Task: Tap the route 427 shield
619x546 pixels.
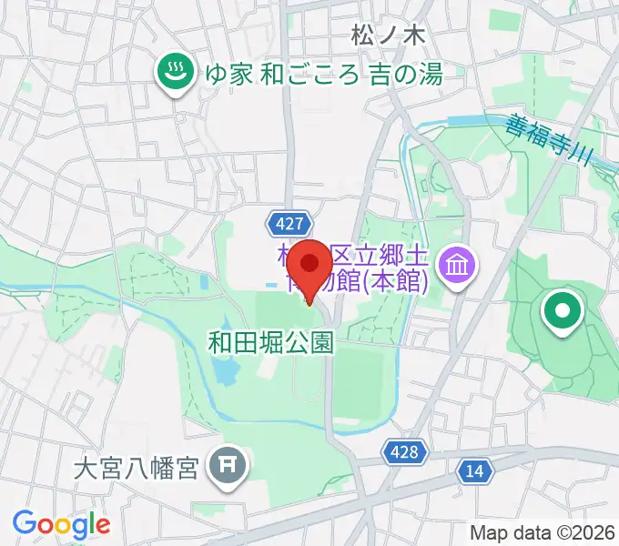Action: tap(291, 222)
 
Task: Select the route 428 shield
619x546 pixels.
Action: tap(401, 452)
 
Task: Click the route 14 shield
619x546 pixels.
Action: tap(475, 470)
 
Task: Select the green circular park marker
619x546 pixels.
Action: tap(562, 313)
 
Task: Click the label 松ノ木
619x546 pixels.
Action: tap(387, 35)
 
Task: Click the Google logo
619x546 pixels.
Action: tap(61, 523)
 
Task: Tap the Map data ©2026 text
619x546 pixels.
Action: tap(542, 532)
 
